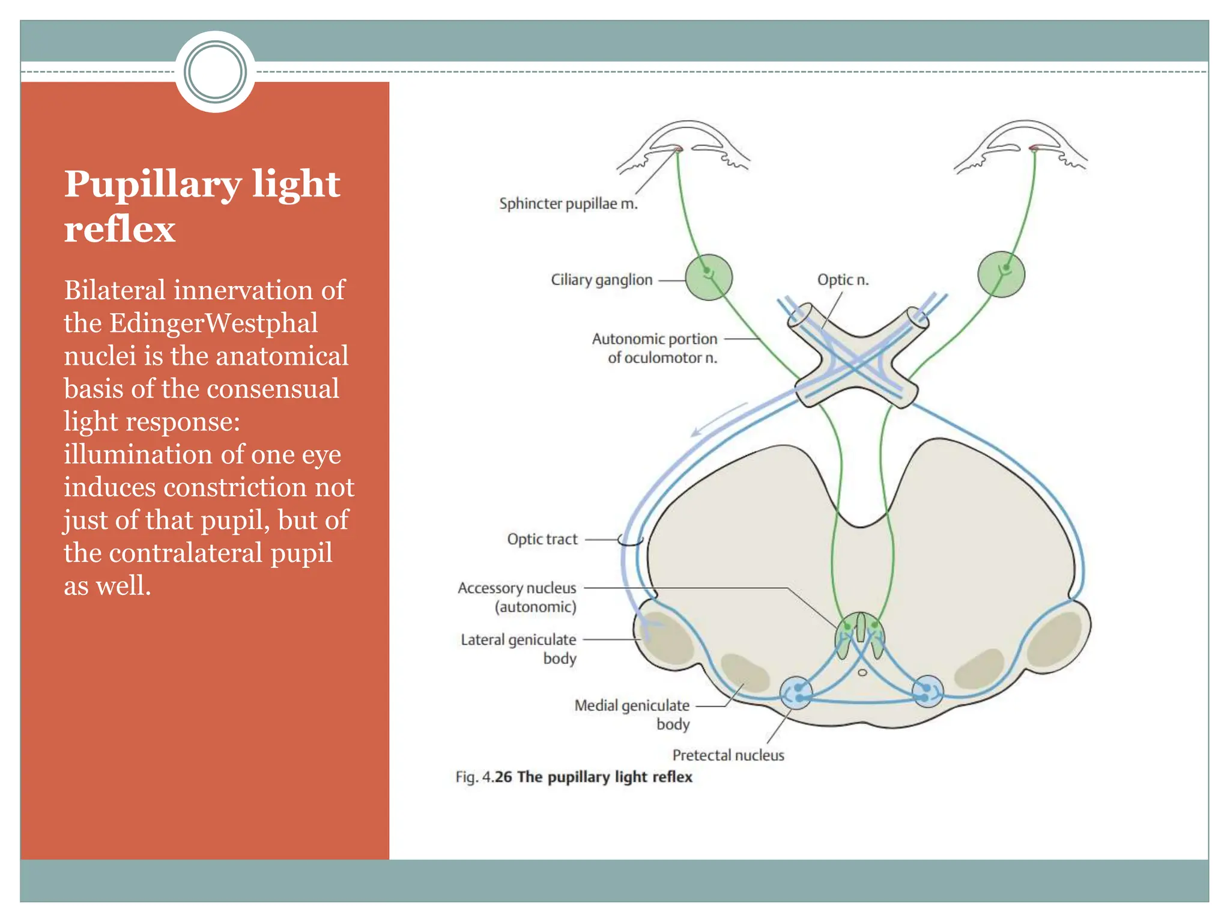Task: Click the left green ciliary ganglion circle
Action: click(x=709, y=277)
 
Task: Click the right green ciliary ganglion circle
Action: click(x=1001, y=274)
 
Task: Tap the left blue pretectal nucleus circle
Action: click(x=796, y=693)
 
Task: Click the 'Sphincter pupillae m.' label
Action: click(x=568, y=204)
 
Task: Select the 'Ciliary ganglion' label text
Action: click(x=601, y=280)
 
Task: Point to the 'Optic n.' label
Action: click(x=843, y=280)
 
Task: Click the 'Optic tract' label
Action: click(x=542, y=539)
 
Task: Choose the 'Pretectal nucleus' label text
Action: click(x=728, y=755)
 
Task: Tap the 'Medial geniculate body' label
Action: click(x=632, y=714)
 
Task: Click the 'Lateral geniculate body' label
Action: click(x=518, y=648)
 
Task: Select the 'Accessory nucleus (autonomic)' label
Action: click(x=517, y=597)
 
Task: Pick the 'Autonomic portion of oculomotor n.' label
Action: click(x=655, y=348)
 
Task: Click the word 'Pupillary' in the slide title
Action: click(x=153, y=184)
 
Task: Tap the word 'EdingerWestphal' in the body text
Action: click(x=213, y=323)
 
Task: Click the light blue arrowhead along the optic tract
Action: click(x=697, y=431)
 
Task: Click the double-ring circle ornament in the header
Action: click(x=215, y=72)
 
